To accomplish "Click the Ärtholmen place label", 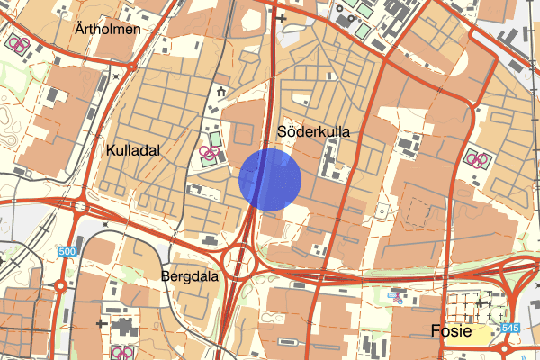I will coord(107,30).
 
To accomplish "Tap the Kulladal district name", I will coord(132,150).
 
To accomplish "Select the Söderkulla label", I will coord(313,132).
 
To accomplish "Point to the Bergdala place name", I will coord(191,276).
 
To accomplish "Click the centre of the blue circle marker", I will coord(270,180).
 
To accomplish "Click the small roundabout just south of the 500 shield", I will coord(61,286).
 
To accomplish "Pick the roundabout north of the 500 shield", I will coord(80,207).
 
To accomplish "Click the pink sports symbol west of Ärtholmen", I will coord(18,42).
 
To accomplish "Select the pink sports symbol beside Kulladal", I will coord(210,154).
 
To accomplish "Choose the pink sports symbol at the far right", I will coord(475,159).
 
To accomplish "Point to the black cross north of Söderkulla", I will coord(282,17).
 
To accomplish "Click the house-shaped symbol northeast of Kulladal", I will coord(220,91).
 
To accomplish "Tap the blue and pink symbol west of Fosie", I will coord(394,294).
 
